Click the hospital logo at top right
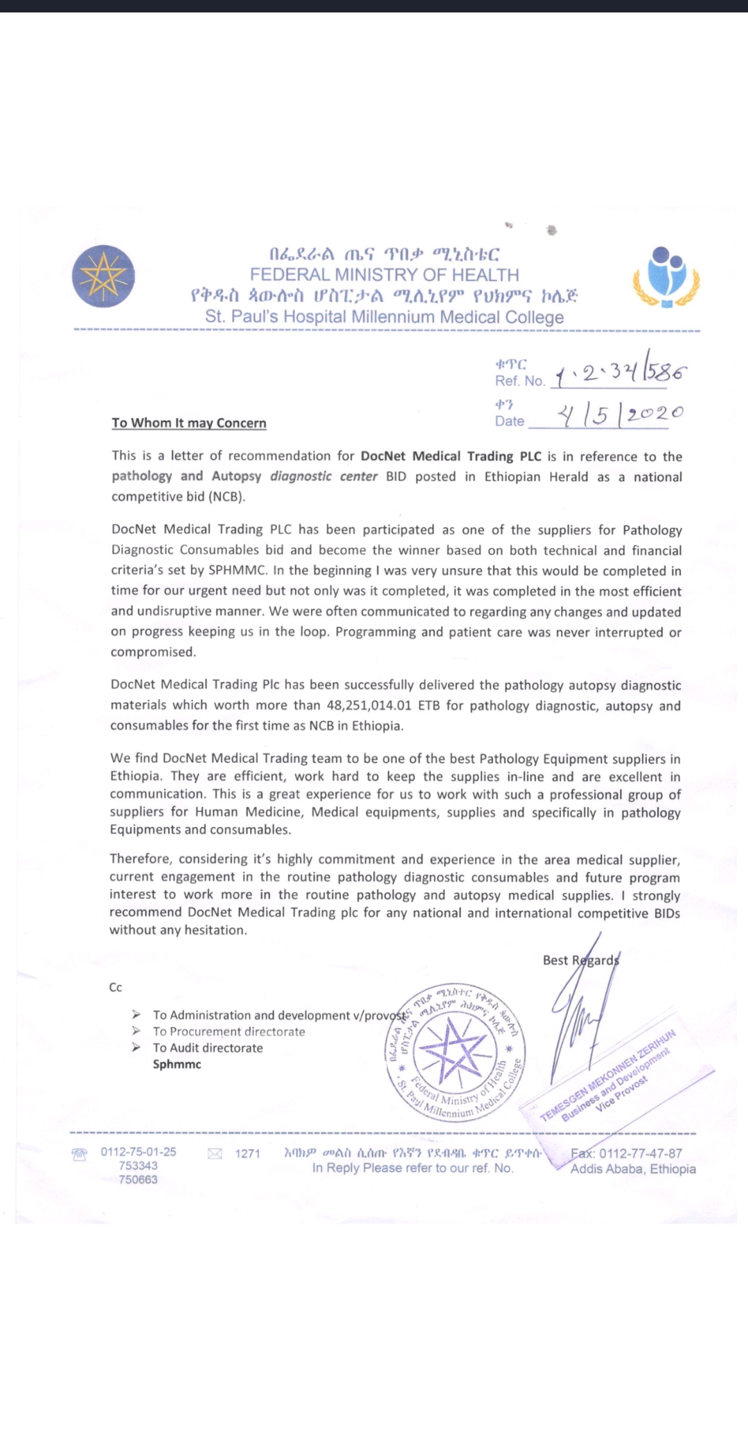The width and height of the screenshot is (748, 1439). point(666,278)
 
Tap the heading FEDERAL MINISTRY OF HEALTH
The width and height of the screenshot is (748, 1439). point(384,275)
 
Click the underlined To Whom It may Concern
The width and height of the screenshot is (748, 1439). point(189,423)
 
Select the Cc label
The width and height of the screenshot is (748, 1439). point(116,988)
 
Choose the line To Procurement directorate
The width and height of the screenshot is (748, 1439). point(229,1031)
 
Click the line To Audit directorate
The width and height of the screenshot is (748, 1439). point(208,1048)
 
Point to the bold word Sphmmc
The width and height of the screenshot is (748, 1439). point(177,1065)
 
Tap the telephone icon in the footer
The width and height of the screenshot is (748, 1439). point(80,1154)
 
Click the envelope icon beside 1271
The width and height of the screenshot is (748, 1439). point(215,1154)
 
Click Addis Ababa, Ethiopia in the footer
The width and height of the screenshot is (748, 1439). point(633,1169)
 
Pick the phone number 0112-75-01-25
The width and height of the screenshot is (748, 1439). point(139,1152)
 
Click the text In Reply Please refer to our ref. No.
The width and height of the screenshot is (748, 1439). point(413,1168)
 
